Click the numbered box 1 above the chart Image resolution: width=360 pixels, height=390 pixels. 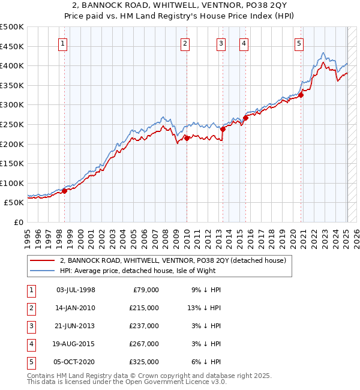pos(63,43)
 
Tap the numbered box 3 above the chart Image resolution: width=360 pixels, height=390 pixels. pos(221,43)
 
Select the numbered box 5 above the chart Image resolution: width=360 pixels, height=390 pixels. pos(299,43)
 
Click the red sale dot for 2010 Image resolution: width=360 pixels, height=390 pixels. pos(187,138)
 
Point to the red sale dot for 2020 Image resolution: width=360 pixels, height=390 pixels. pos(301,94)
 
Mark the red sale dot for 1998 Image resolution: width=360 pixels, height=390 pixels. pos(64,191)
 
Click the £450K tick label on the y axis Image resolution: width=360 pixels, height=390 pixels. pos(12,46)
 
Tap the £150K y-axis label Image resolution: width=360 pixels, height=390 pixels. pos(12,163)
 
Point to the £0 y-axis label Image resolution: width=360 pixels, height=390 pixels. pos(19,222)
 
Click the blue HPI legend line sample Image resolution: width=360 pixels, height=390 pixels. pos(43,271)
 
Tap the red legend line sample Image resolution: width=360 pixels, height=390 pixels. pos(43,260)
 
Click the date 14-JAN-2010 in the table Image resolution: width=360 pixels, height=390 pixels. pos(75,308)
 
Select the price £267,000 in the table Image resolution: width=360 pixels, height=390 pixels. pos(145,344)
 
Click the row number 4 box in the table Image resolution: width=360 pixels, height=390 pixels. pos(31,344)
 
